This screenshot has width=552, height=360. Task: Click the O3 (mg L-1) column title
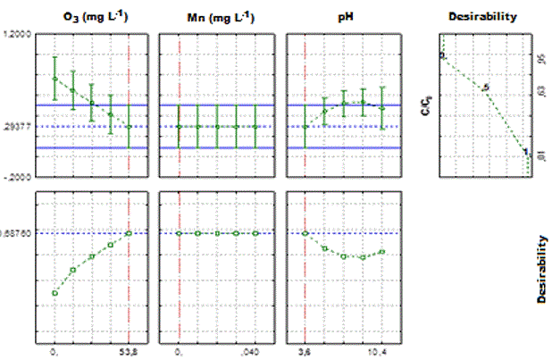92,16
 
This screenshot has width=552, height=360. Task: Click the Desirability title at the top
486,16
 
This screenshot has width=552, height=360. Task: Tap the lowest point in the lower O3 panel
54,293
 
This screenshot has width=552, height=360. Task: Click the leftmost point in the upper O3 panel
54,79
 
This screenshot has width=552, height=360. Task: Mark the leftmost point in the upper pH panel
305,127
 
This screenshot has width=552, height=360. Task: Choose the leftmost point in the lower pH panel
305,234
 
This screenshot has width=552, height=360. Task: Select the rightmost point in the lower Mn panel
255,234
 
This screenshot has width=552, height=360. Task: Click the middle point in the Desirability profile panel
486,88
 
